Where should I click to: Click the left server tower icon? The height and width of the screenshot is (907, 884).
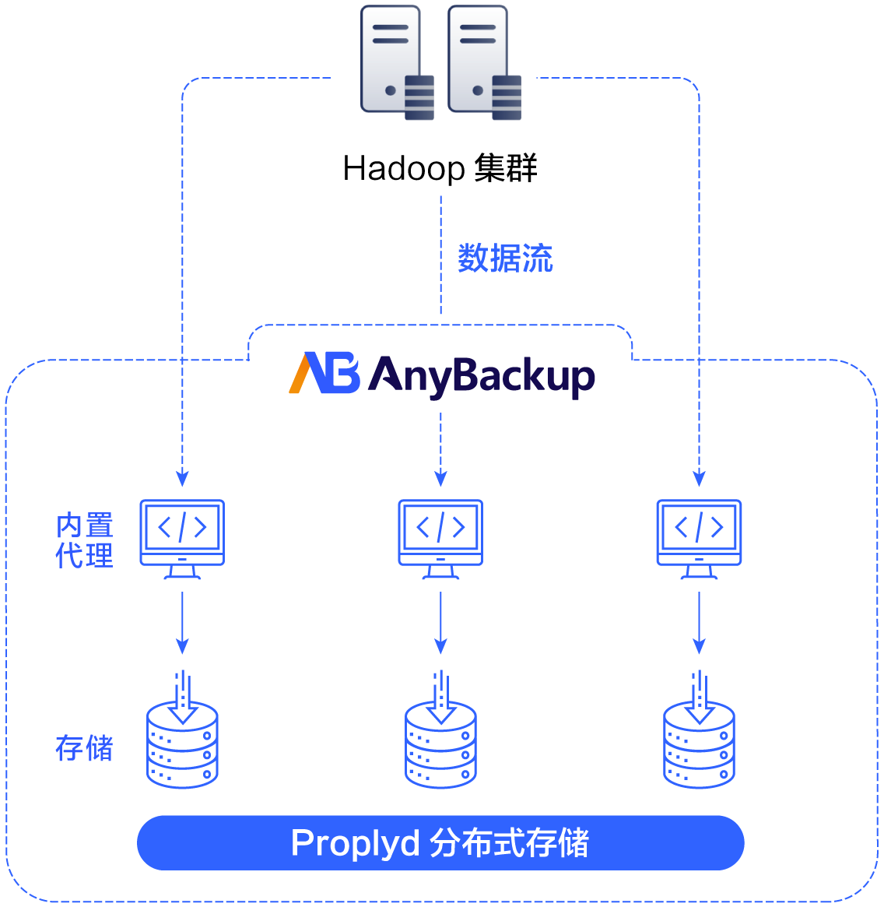click(396, 62)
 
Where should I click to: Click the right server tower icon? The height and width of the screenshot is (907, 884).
click(483, 62)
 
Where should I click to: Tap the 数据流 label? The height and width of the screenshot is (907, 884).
click(505, 258)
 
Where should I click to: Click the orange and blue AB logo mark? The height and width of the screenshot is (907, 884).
click(324, 374)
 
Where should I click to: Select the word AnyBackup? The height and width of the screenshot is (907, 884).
click(482, 377)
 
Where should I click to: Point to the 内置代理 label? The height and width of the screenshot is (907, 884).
click(85, 540)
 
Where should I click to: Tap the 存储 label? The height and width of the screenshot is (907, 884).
click(85, 748)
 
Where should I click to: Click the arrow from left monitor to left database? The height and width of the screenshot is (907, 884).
click(182, 623)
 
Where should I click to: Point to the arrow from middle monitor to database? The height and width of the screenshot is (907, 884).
click(440, 623)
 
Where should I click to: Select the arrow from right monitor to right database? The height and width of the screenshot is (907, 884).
click(699, 623)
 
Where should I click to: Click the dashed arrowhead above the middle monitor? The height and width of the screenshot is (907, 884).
click(440, 477)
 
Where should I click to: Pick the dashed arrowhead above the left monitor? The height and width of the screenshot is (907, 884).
click(182, 477)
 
